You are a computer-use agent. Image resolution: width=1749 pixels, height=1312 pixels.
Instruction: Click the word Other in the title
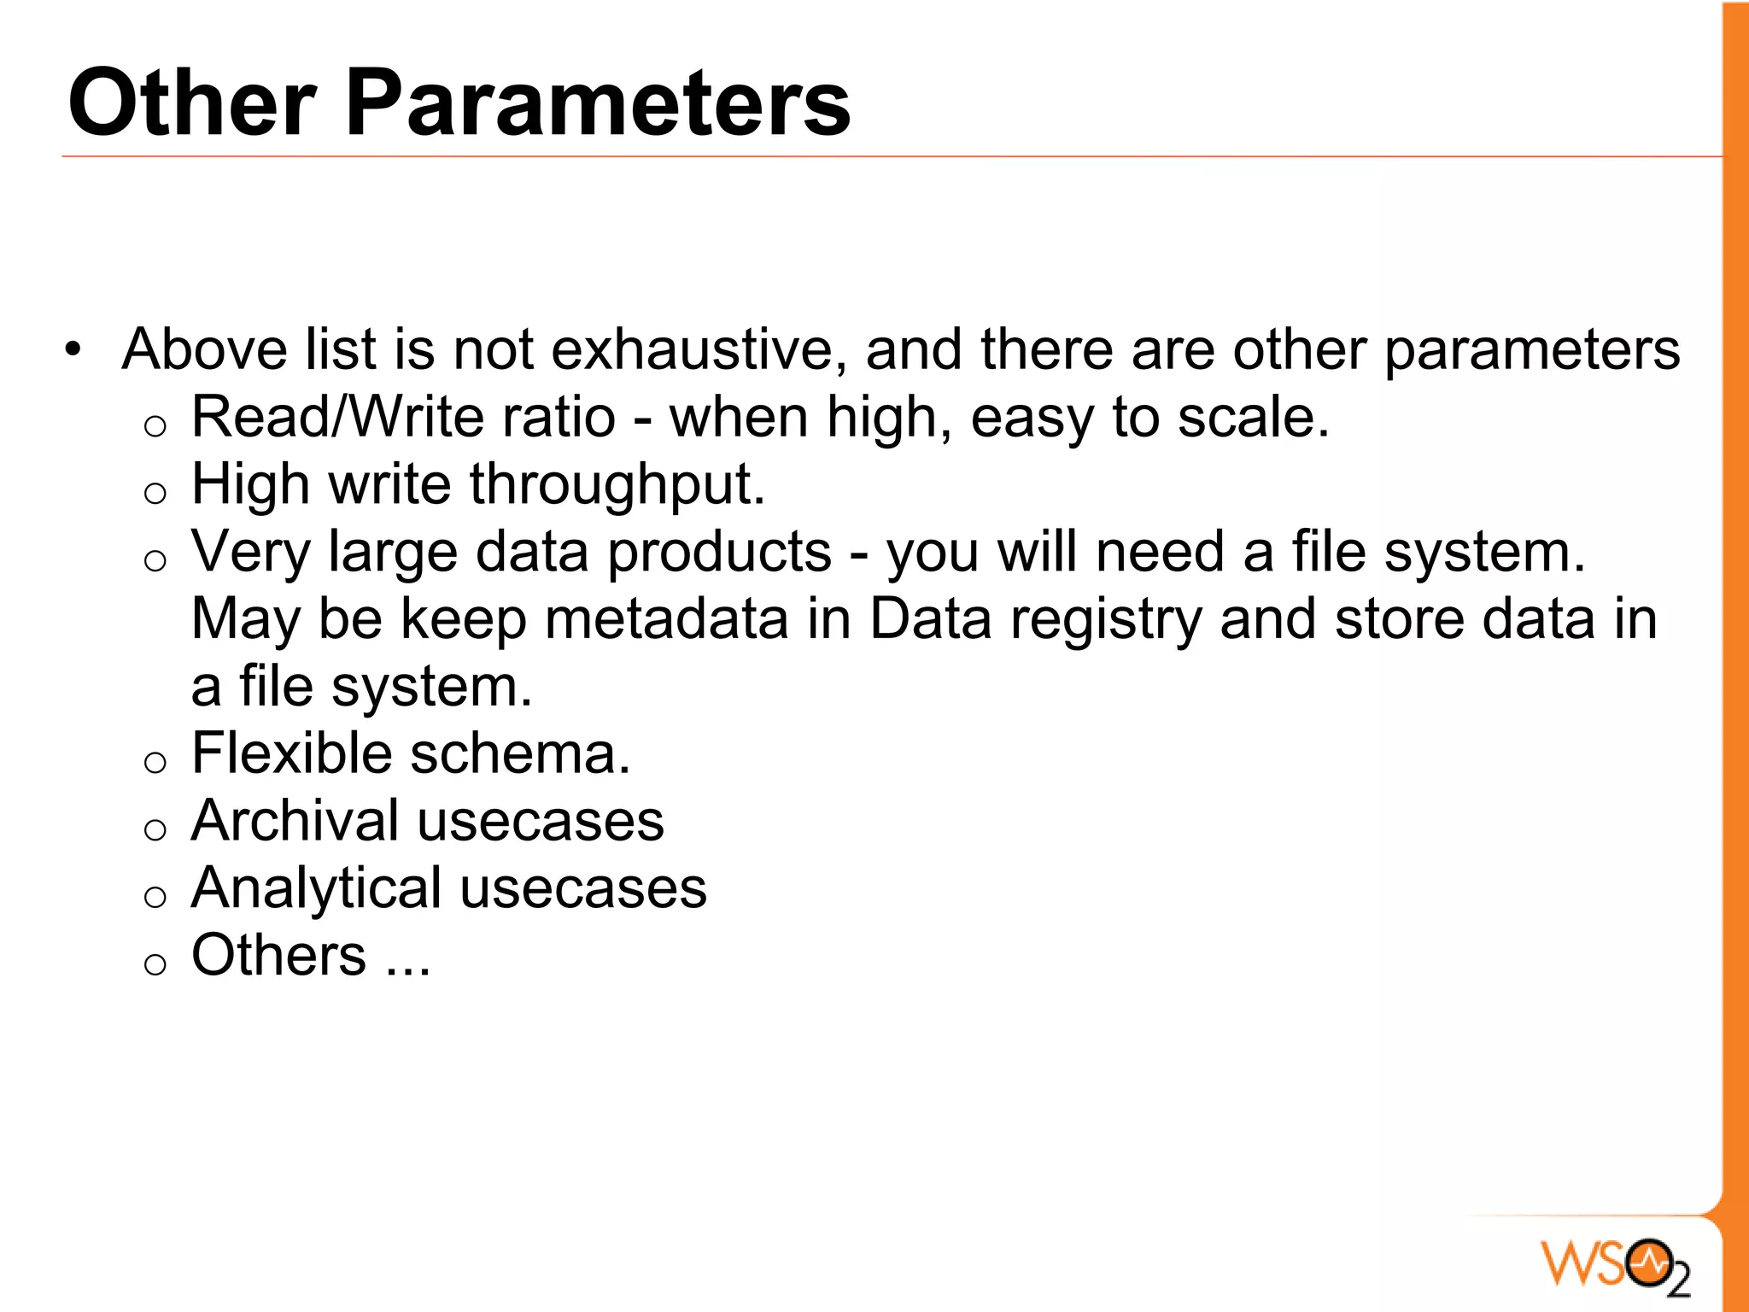(x=192, y=103)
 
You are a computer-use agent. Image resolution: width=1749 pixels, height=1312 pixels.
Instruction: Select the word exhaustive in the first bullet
(x=699, y=349)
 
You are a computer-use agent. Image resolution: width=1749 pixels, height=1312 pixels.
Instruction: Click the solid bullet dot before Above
(x=73, y=350)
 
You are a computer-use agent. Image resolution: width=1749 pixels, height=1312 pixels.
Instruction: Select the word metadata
(x=666, y=619)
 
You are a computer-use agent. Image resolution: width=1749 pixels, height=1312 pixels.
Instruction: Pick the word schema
(x=520, y=753)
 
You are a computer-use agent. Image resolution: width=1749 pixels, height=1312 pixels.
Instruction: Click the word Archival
(x=295, y=821)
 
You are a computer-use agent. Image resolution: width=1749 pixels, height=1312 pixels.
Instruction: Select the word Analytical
(x=316, y=888)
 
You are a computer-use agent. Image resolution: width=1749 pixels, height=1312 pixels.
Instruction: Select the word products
(x=719, y=553)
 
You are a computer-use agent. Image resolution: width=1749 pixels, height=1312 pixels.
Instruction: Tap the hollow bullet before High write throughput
(x=155, y=493)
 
